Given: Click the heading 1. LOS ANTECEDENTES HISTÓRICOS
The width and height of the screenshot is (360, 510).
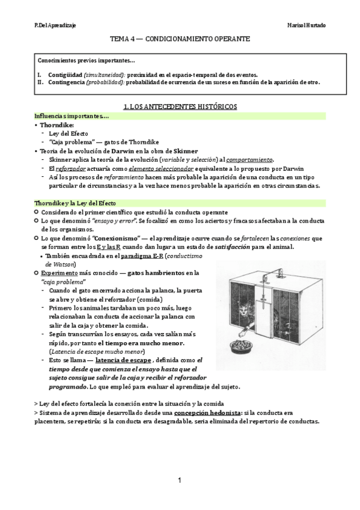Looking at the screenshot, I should pyautogui.click(x=179, y=106).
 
